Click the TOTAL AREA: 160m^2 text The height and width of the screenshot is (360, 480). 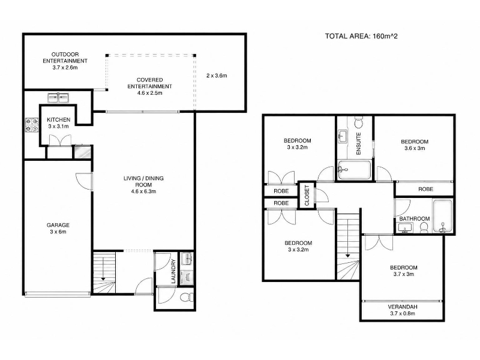coord(361,36)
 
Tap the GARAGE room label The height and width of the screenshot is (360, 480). coord(58,225)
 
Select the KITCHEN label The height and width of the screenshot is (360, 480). coord(58,119)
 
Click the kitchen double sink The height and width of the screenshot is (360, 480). coord(58,98)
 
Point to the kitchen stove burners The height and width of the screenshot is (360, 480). coord(32,125)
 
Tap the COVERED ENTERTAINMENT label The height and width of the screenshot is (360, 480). coord(149,83)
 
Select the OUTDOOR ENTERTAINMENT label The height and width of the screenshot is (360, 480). coord(65,58)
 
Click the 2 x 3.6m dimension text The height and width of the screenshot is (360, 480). coord(217,76)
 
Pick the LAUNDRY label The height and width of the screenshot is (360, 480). coord(173,271)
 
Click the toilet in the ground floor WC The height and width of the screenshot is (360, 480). coord(187,297)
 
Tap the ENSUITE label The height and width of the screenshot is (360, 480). coord(359,143)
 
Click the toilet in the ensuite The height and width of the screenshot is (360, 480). coord(358,122)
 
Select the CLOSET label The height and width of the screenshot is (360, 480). coord(307,196)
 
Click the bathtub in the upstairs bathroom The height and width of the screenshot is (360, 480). coord(443,216)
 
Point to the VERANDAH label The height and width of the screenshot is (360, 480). coord(403,307)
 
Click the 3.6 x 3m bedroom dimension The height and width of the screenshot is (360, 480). coord(415,148)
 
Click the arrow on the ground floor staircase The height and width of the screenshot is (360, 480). coord(103,269)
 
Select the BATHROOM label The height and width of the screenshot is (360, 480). coord(415,218)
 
